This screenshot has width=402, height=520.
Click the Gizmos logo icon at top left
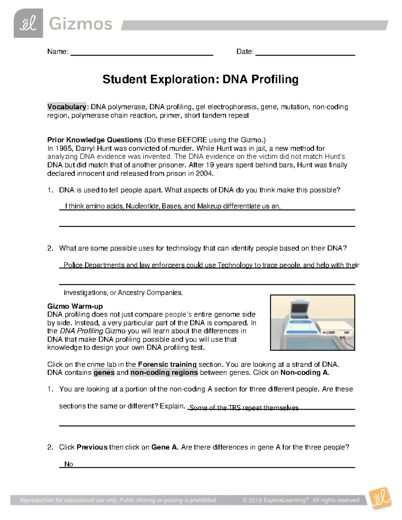point(28,23)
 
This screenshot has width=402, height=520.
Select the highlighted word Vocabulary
point(67,107)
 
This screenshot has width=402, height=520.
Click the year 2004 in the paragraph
point(204,173)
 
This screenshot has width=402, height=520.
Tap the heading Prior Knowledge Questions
point(95,140)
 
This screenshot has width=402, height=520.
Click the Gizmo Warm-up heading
point(75,306)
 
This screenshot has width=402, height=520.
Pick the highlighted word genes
point(104,373)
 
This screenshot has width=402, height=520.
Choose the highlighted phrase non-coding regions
point(164,373)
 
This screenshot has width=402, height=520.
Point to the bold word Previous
point(92,447)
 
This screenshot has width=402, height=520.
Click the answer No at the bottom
point(69,464)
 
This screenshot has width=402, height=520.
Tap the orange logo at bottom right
point(380,499)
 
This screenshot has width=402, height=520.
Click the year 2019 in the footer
point(255,500)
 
